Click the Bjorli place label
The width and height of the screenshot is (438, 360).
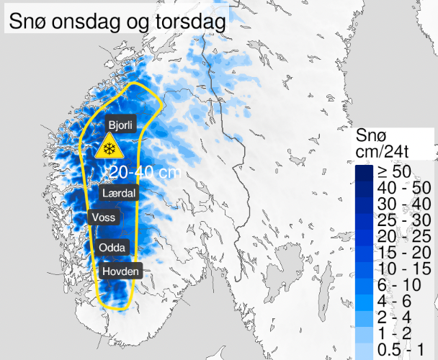tap(120, 124)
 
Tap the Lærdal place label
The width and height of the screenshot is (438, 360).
tap(119, 193)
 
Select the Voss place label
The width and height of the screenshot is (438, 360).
tap(103, 217)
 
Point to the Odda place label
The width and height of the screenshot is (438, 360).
tap(112, 248)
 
